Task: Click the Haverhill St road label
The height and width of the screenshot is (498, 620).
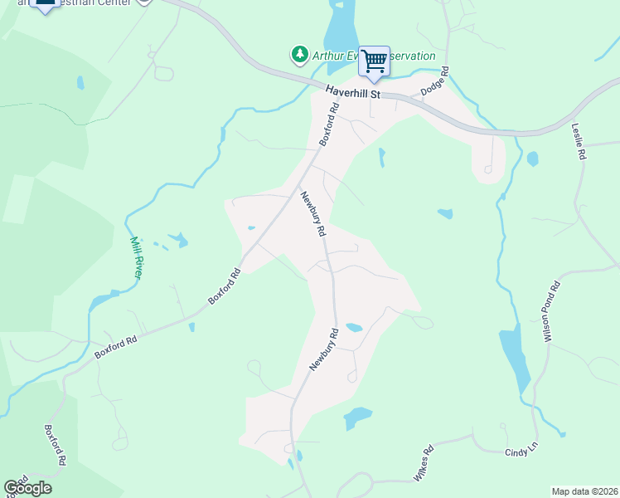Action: [352, 93]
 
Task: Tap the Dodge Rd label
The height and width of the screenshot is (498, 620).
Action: [434, 81]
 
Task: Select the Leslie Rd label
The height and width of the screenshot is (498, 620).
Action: [579, 141]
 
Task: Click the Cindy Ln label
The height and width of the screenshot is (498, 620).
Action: [521, 451]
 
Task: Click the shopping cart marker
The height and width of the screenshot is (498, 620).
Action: [375, 61]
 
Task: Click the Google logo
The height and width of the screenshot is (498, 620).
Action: [27, 487]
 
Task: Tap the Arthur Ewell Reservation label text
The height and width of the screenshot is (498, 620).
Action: [373, 56]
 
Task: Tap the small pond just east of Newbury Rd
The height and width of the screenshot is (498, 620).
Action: [354, 328]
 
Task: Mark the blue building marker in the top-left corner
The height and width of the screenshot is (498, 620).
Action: [46, 5]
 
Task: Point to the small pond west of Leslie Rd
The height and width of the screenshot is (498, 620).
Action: [532, 158]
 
